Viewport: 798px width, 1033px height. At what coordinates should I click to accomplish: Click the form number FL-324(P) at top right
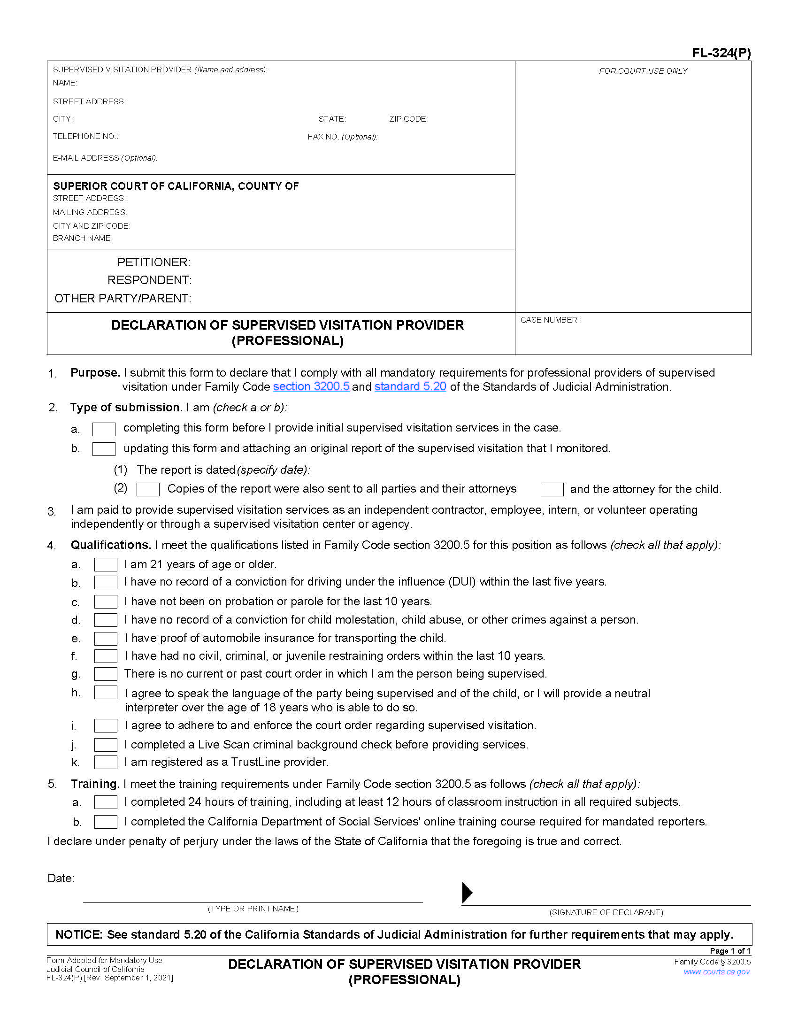click(x=721, y=53)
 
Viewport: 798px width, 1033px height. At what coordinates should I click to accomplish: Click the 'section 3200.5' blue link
click(x=311, y=386)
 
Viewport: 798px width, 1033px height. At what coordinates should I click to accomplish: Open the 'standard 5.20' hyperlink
click(x=410, y=386)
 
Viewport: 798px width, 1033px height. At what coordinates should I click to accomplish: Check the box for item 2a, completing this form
click(x=104, y=429)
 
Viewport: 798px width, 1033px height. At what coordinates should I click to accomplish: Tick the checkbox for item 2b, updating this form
click(x=104, y=448)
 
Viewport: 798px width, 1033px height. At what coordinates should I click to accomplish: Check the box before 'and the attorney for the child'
click(x=552, y=489)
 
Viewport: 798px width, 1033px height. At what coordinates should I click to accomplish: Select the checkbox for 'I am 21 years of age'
click(x=106, y=564)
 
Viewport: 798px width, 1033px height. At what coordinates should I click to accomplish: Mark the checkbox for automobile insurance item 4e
click(x=106, y=639)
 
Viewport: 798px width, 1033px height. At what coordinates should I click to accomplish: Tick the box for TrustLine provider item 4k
click(x=106, y=762)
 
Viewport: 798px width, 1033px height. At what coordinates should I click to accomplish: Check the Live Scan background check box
click(x=106, y=745)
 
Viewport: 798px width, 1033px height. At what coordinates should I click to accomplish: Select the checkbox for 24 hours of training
click(x=106, y=802)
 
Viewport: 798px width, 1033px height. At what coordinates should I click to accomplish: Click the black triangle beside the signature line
click(x=467, y=892)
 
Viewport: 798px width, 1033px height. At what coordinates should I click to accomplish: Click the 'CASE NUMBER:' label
click(x=549, y=320)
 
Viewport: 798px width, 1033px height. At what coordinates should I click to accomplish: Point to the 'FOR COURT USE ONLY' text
click(x=643, y=71)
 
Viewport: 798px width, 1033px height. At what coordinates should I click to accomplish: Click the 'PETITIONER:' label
click(x=153, y=262)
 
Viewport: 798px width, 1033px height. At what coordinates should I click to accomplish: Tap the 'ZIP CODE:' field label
click(x=408, y=119)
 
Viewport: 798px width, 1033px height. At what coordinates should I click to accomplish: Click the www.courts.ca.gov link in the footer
click(x=716, y=971)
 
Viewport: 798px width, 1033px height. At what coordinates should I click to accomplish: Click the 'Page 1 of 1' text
click(x=729, y=951)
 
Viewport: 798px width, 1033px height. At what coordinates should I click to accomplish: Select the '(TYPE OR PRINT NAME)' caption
click(x=253, y=909)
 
